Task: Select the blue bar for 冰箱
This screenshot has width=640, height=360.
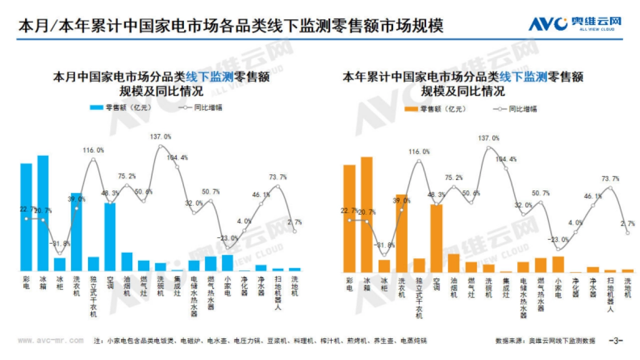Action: click(x=43, y=213)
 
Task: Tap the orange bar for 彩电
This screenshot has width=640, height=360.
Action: click(x=349, y=218)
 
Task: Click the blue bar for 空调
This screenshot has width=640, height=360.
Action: click(x=110, y=237)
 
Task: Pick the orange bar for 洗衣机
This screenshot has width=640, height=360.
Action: click(x=401, y=233)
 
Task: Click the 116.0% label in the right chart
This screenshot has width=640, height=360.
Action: click(x=419, y=152)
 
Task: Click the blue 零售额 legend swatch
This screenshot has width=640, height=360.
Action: click(x=96, y=107)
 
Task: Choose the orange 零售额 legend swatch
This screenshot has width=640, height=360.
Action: click(x=411, y=109)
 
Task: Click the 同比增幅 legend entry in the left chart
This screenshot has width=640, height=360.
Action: click(x=200, y=107)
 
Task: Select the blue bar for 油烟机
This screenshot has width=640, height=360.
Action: click(x=127, y=261)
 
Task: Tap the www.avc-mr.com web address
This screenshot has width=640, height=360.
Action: click(x=51, y=340)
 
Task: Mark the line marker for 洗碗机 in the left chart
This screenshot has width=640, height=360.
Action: click(x=161, y=147)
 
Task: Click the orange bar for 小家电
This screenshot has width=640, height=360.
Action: click(x=558, y=264)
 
